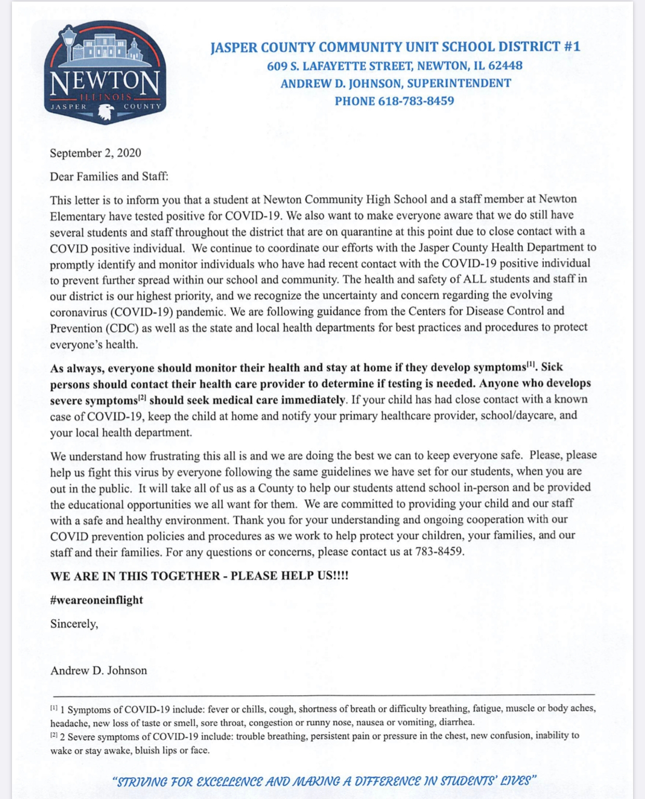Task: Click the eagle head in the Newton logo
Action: (106, 111)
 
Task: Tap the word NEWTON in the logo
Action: (104, 83)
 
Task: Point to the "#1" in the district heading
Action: (571, 47)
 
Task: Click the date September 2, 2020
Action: (96, 153)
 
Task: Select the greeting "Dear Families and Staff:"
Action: (109, 176)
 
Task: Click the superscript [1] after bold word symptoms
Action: (531, 364)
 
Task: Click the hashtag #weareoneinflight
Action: (97, 600)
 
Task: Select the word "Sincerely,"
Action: (74, 624)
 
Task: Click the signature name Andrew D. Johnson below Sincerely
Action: (99, 670)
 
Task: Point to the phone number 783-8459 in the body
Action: (439, 551)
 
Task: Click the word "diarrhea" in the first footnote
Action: (456, 722)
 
